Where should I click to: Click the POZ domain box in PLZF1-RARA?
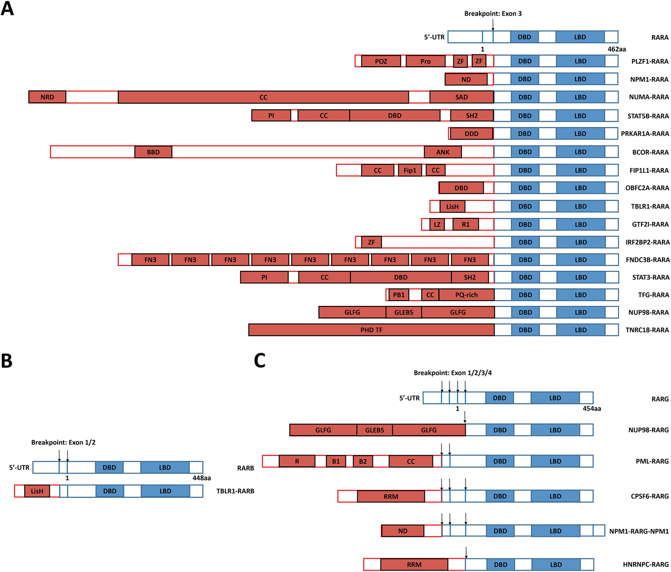tap(381, 61)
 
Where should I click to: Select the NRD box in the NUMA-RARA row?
tap(47, 97)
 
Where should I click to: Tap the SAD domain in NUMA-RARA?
tap(461, 97)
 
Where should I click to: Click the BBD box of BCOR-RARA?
tap(153, 152)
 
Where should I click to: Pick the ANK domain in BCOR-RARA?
tap(443, 152)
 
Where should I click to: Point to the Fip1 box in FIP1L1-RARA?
tap(410, 170)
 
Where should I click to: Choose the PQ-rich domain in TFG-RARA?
tap(467, 295)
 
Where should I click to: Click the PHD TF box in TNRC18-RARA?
tap(371, 330)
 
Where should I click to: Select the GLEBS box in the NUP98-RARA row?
tap(404, 313)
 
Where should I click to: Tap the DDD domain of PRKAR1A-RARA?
tap(471, 134)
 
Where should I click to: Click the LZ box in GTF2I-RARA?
tap(437, 224)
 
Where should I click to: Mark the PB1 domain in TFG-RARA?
tap(399, 295)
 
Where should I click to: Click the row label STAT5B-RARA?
tap(648, 116)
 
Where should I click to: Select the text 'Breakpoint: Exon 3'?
tap(493, 14)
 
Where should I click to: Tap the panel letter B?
tap(7, 361)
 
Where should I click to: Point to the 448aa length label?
tap(202, 478)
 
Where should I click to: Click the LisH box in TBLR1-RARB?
tap(37, 491)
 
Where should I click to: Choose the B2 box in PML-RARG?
tap(363, 461)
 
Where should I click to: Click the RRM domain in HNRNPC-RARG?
tap(414, 564)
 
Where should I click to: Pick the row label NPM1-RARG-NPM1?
tap(639, 531)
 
